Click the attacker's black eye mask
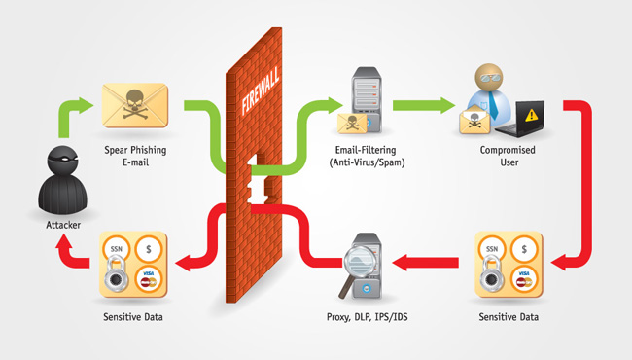[x=61, y=157]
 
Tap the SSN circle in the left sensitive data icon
[x=113, y=250]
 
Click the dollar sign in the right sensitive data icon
[x=525, y=250]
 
